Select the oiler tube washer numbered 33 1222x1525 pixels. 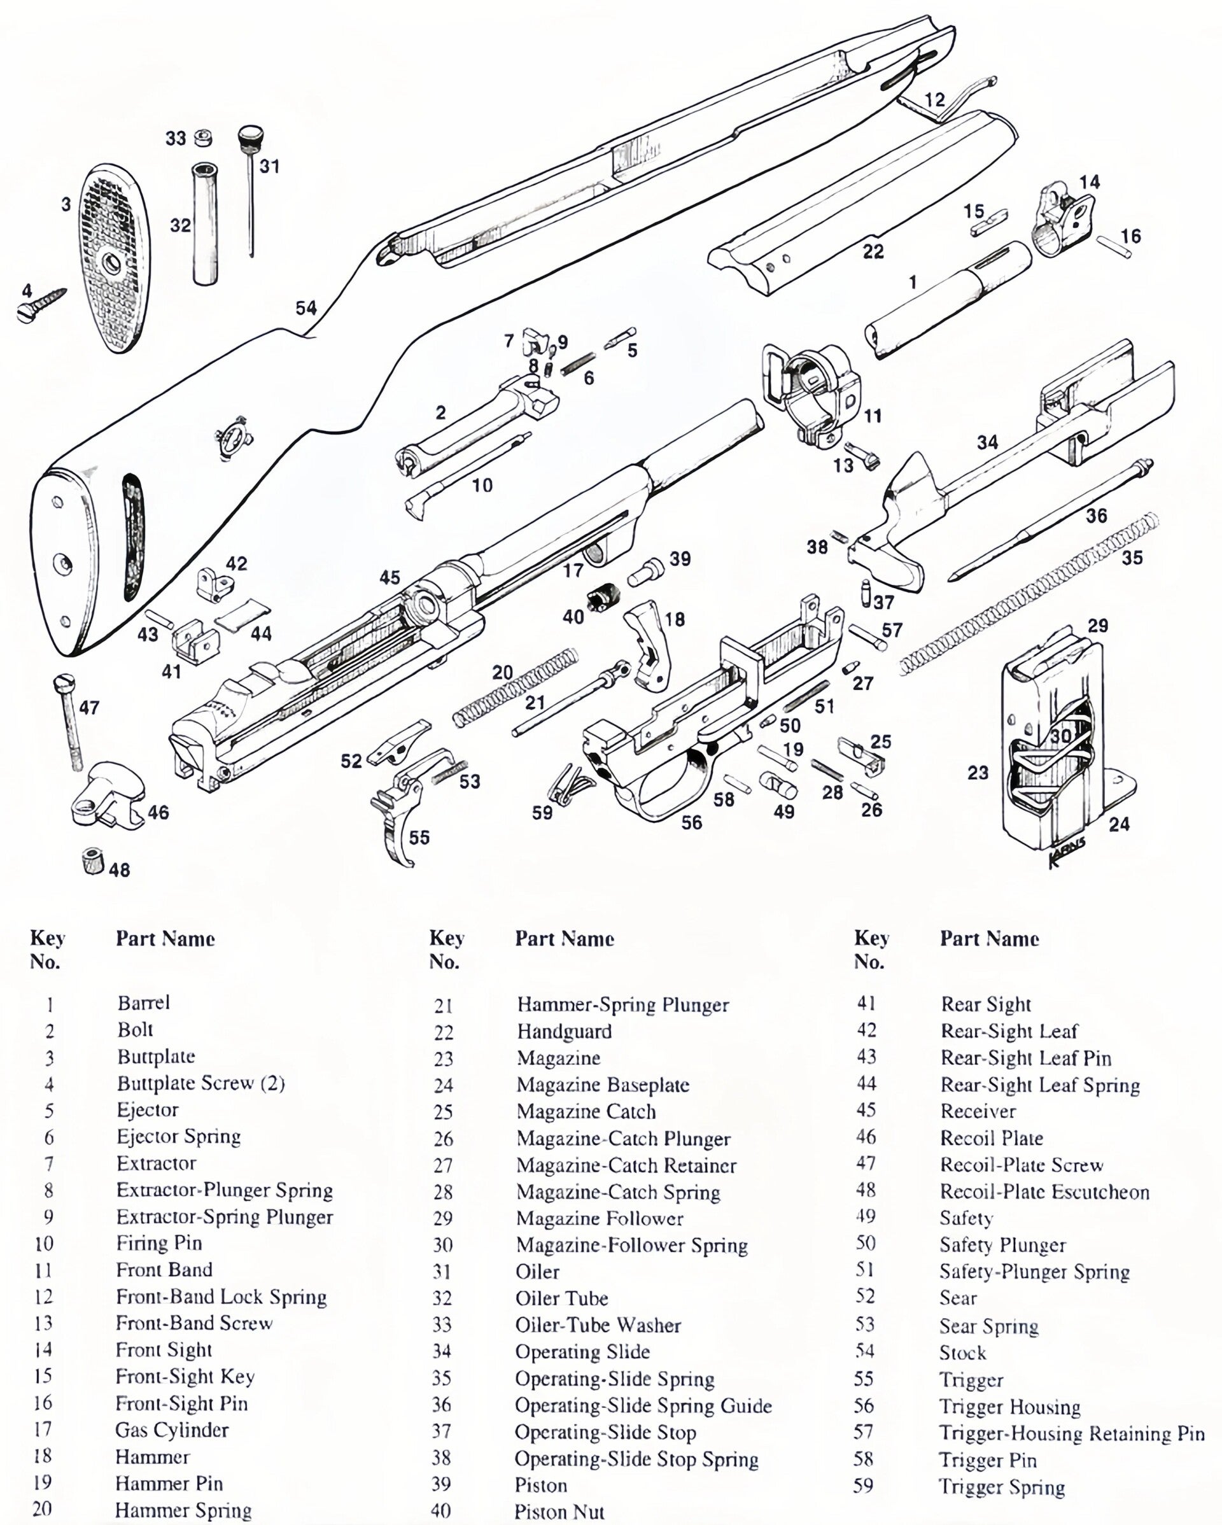pyautogui.click(x=203, y=138)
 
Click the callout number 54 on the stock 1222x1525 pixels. pyautogui.click(x=306, y=307)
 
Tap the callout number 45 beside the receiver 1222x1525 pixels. pyautogui.click(x=390, y=577)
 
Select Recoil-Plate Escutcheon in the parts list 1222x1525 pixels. pyautogui.click(x=1044, y=1192)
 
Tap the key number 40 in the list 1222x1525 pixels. pyautogui.click(x=440, y=1511)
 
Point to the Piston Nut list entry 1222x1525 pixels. pyautogui.click(x=559, y=1512)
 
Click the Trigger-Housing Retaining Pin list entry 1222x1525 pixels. pyautogui.click(x=1071, y=1434)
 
